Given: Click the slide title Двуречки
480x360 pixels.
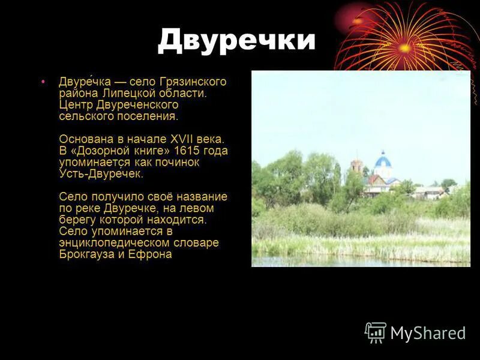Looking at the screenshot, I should pos(236,40).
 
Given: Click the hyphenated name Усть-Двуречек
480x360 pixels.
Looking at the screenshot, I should pos(101,174).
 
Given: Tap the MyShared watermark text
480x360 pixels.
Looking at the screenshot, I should pos(428,334).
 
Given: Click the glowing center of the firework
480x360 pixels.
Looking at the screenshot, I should pos(405,47).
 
